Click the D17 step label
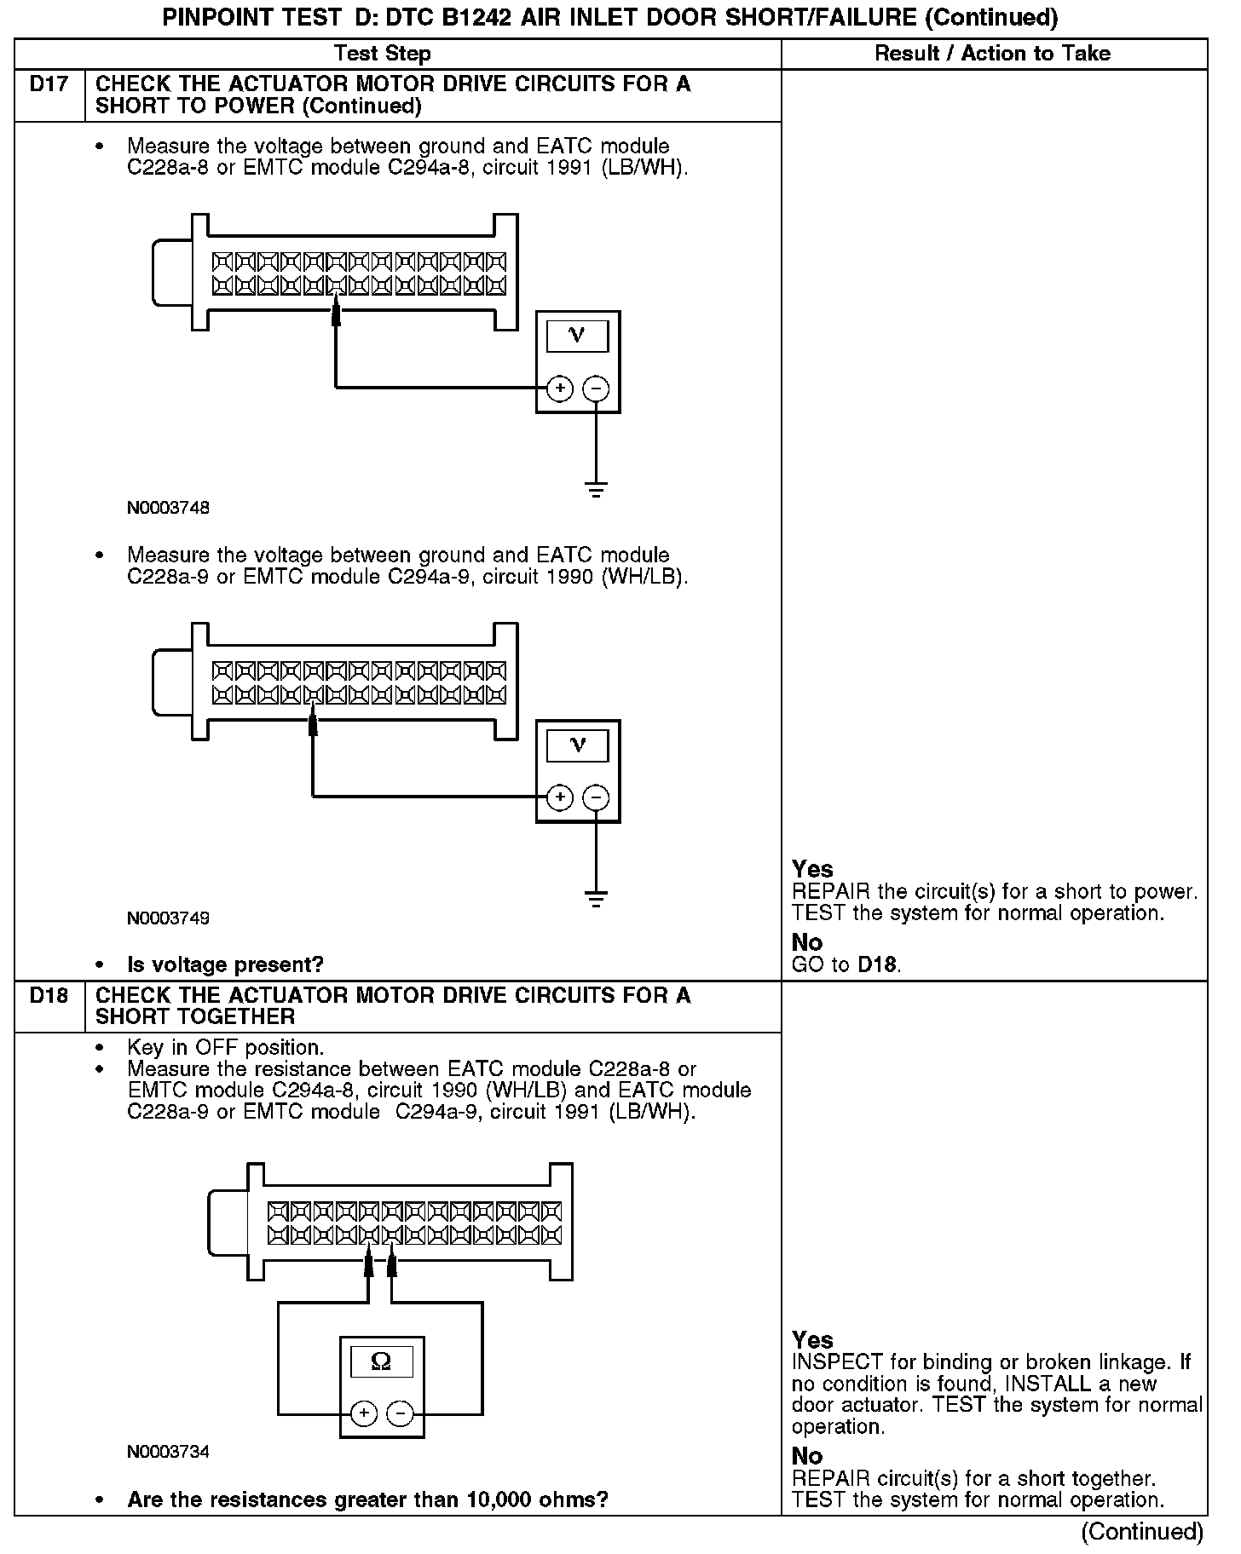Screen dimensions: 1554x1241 click(49, 84)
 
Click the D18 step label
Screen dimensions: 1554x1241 click(49, 995)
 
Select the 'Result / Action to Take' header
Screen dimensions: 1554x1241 click(993, 54)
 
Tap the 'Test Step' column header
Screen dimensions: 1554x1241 click(383, 54)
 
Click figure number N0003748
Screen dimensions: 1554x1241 click(168, 508)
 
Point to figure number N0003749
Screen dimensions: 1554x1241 click(168, 918)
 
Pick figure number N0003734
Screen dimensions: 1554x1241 click(168, 1452)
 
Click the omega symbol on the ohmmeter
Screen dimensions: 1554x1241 click(381, 1361)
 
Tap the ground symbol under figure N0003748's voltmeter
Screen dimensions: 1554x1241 click(596, 490)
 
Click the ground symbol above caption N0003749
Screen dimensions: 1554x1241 click(596, 899)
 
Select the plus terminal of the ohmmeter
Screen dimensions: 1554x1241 click(364, 1414)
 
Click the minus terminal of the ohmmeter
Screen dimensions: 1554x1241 click(400, 1414)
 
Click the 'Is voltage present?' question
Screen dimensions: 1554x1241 click(225, 964)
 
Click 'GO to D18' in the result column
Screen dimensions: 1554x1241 click(846, 964)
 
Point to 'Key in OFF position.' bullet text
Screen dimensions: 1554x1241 click(225, 1047)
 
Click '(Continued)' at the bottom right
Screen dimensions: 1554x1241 click(1142, 1532)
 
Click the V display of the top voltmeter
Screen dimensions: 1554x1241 click(577, 336)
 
